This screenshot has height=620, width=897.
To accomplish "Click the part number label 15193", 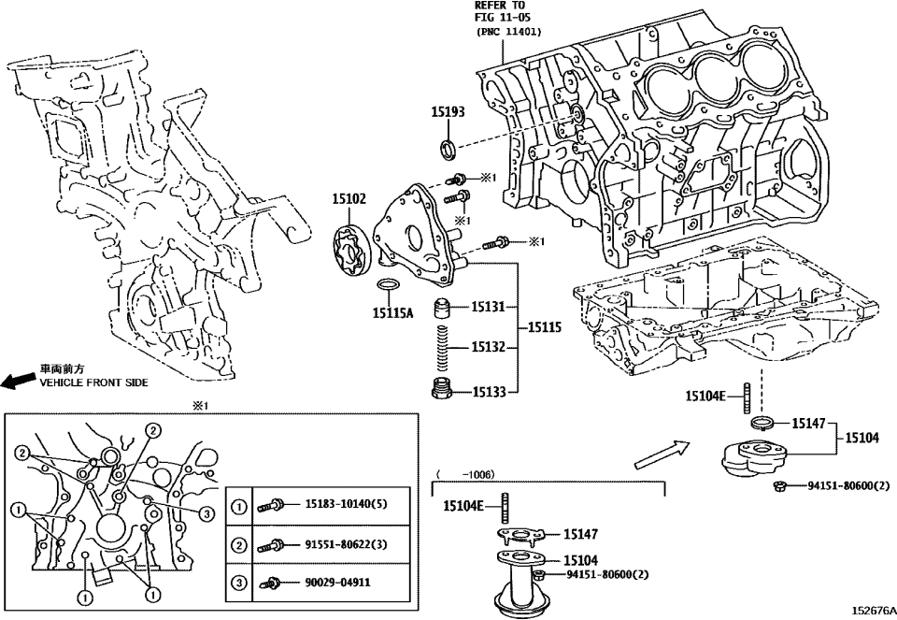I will coord(447,111).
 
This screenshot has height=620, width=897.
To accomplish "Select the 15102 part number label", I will coord(349,198).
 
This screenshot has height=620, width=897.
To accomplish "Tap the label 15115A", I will coord(392,313).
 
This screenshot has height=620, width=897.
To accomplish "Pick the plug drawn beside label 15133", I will coord(443,388).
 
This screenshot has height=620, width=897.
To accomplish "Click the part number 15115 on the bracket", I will coord(545,328).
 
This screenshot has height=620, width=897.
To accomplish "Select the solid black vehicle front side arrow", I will coord(18,381).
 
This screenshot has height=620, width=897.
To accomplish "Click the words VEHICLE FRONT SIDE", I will coord(93,382).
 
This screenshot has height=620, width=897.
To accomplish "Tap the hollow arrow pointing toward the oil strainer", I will coord(659,455).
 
